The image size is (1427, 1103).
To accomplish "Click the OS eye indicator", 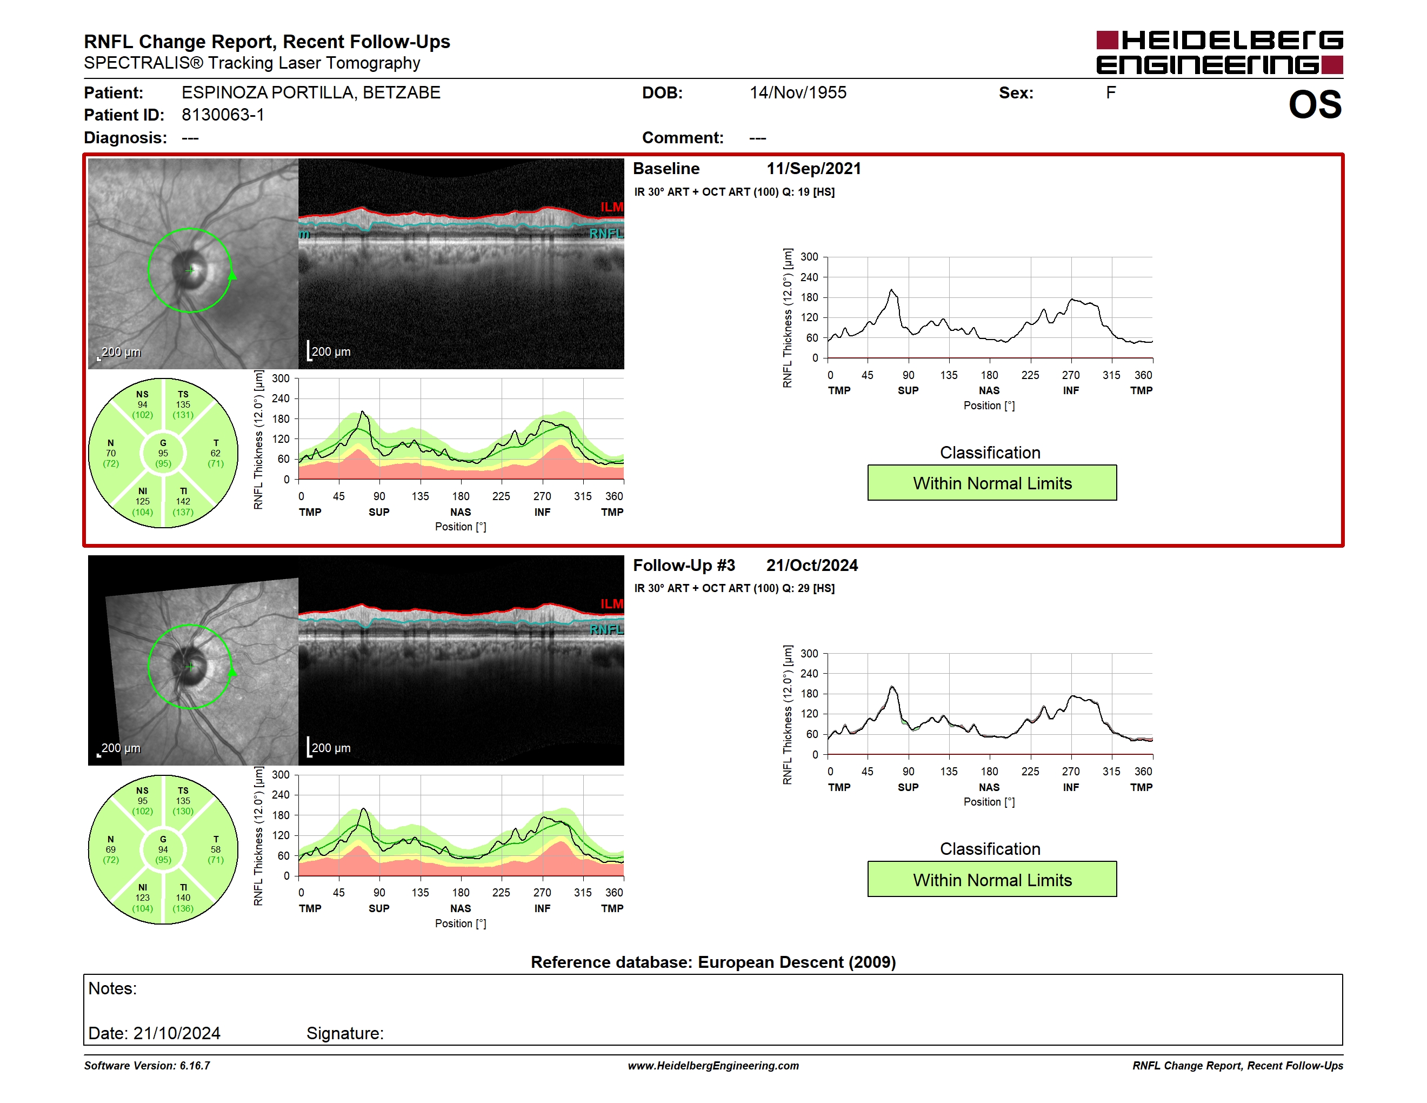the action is [x=1315, y=104].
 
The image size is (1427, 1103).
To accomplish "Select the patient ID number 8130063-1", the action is [x=223, y=115].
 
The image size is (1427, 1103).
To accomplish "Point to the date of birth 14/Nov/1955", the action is [x=798, y=93].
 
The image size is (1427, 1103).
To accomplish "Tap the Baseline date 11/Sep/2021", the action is [x=813, y=169].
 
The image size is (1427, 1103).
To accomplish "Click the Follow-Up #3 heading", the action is [x=684, y=565].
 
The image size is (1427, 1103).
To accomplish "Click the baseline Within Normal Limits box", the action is [x=992, y=483].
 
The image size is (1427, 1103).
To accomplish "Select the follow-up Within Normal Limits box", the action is [x=992, y=880].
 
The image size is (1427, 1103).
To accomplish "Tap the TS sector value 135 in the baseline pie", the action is [x=183, y=404].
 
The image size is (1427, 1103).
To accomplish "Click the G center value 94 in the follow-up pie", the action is [x=163, y=849].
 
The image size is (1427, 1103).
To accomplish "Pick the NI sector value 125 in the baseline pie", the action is [x=143, y=501].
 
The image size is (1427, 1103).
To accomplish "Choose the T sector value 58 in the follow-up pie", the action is [x=216, y=849].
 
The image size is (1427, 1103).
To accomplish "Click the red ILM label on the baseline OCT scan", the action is [x=611, y=207].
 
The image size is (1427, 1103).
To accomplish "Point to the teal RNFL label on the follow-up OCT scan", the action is [x=606, y=630].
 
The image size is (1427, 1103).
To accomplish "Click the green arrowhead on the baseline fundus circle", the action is [x=232, y=275].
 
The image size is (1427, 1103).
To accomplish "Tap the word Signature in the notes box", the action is [x=344, y=1033].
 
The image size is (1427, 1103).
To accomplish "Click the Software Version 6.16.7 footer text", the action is [x=147, y=1066].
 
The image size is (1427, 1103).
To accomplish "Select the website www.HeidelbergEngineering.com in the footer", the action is [x=713, y=1066].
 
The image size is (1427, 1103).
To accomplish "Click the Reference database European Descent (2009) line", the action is [x=713, y=962].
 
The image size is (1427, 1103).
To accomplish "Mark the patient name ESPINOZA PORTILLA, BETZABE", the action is [x=311, y=93].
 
